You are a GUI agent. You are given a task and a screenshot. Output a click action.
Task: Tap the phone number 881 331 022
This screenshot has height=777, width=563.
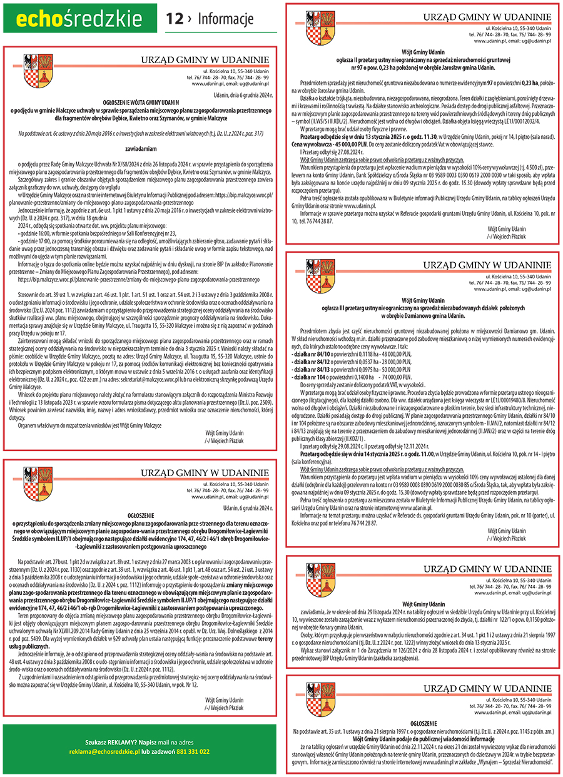pyautogui.click(x=192, y=751)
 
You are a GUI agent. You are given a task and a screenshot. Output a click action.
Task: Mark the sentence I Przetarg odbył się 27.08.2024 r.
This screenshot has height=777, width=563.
pyautogui.click(x=332, y=151)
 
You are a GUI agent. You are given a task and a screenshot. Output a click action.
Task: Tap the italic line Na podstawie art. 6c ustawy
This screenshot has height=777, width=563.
pyautogui.click(x=141, y=133)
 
